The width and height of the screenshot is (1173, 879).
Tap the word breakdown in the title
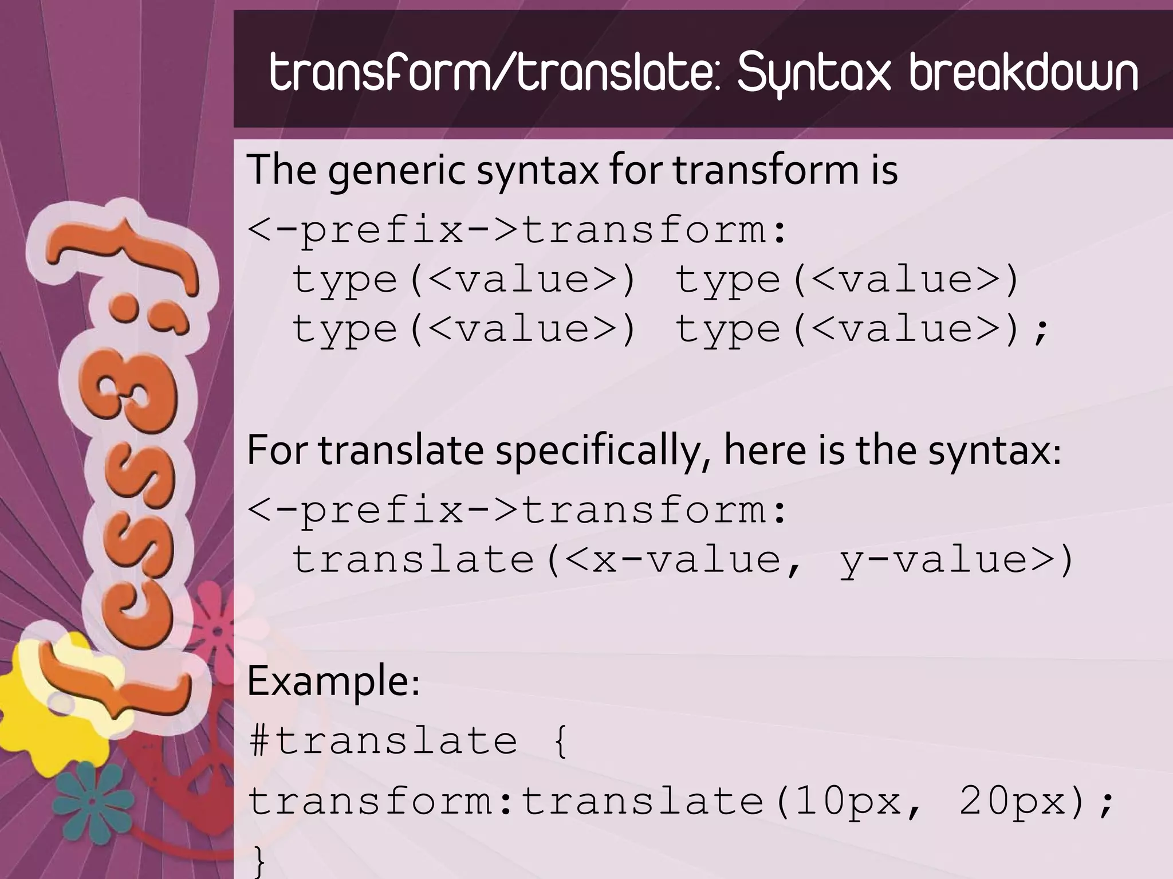click(1024, 73)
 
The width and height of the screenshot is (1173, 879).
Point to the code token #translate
click(383, 740)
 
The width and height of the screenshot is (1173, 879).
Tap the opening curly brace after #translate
click(561, 741)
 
